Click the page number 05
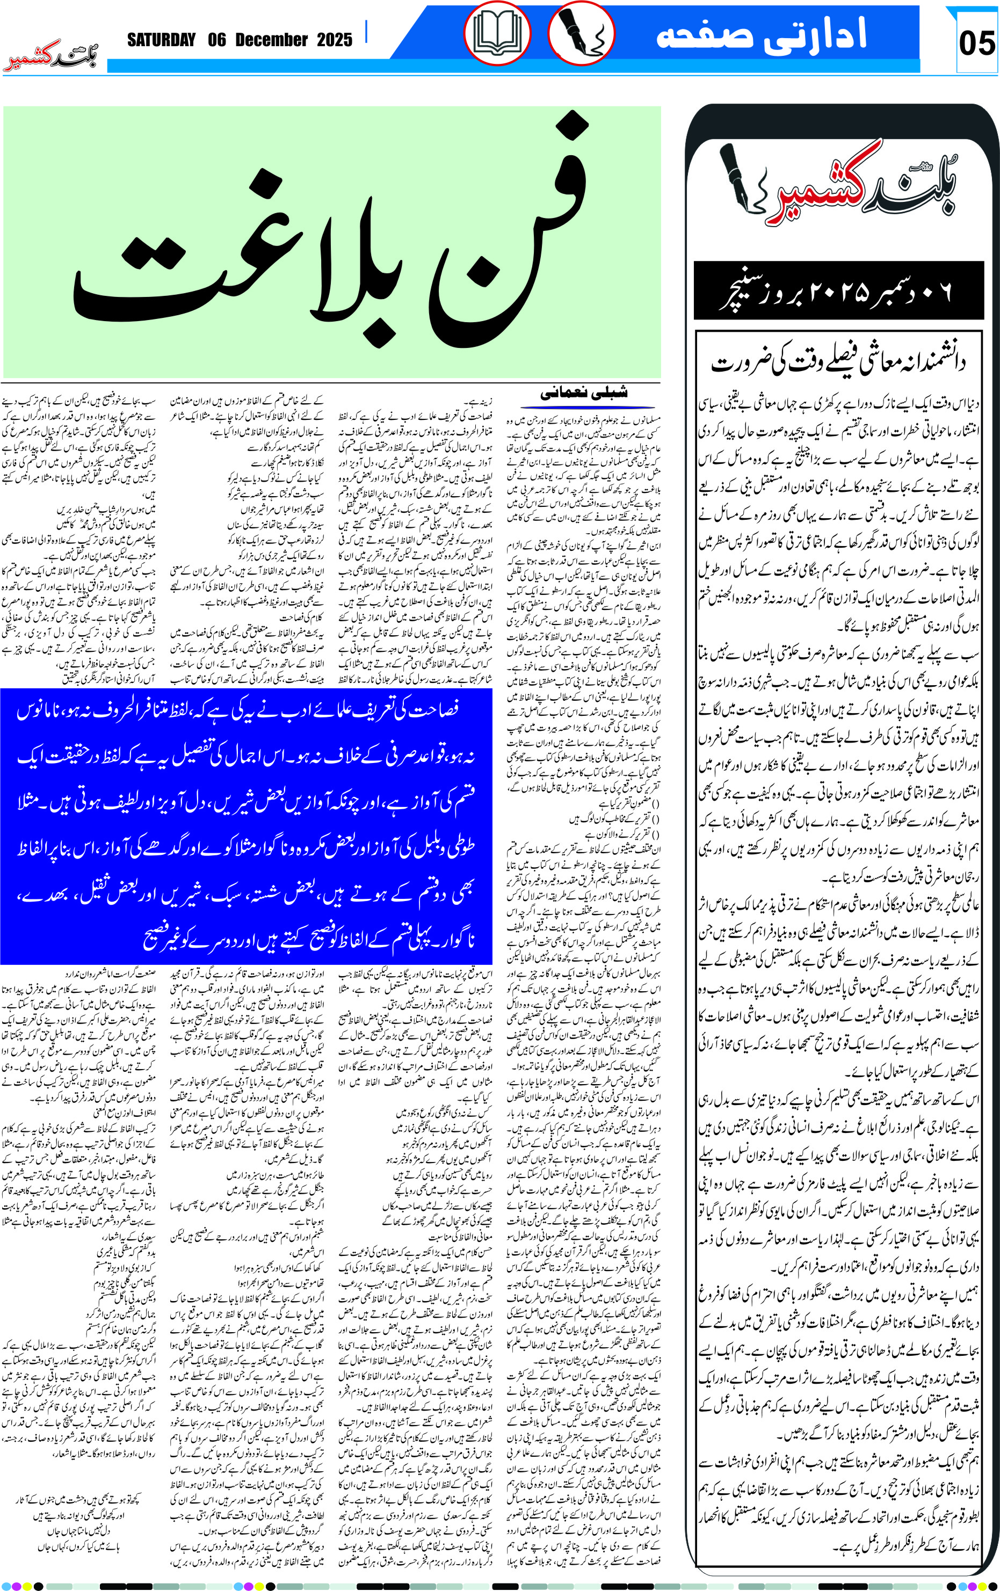(977, 44)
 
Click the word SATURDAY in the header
(161, 40)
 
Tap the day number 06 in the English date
(217, 40)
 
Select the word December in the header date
(271, 40)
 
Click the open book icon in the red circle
(497, 34)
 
